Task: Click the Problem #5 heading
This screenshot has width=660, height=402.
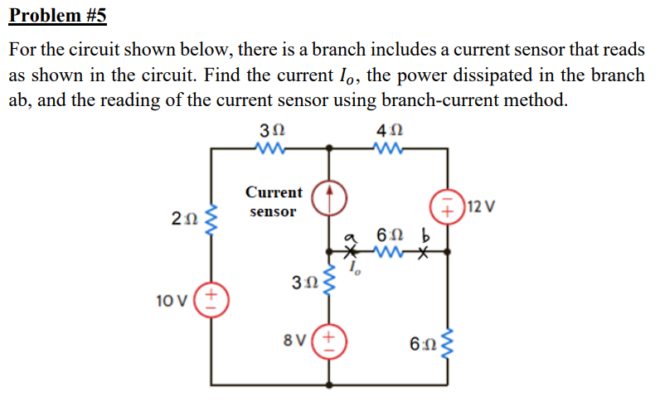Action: click(58, 16)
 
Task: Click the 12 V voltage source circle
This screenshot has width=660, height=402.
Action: click(448, 206)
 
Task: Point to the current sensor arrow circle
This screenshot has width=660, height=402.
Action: click(329, 198)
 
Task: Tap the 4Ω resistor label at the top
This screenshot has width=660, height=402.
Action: click(390, 131)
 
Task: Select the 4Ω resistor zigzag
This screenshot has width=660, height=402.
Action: click(388, 148)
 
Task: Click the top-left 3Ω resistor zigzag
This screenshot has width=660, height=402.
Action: click(270, 148)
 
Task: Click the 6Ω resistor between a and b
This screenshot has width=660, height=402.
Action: click(389, 253)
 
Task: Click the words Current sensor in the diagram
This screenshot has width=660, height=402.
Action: click(274, 201)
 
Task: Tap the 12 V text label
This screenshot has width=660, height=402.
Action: click(482, 207)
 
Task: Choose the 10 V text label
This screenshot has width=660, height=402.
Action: click(172, 301)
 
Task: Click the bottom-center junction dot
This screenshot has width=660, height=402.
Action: click(329, 385)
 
